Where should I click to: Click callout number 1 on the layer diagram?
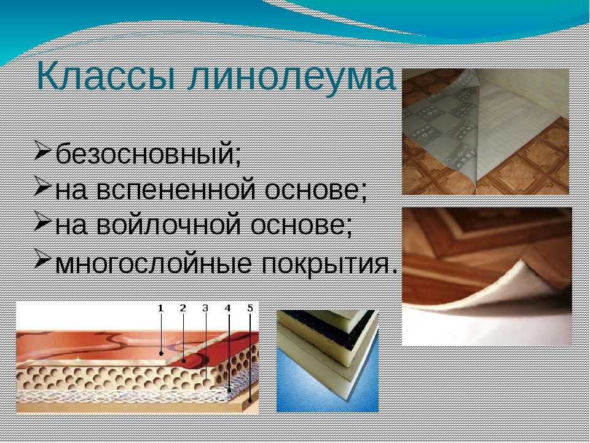point(160,308)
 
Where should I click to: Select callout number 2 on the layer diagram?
point(183,308)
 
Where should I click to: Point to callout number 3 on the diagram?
point(205,308)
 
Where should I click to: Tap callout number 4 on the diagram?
point(227,308)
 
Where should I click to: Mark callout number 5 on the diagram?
point(250,308)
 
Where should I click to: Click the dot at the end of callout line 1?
point(161,353)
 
